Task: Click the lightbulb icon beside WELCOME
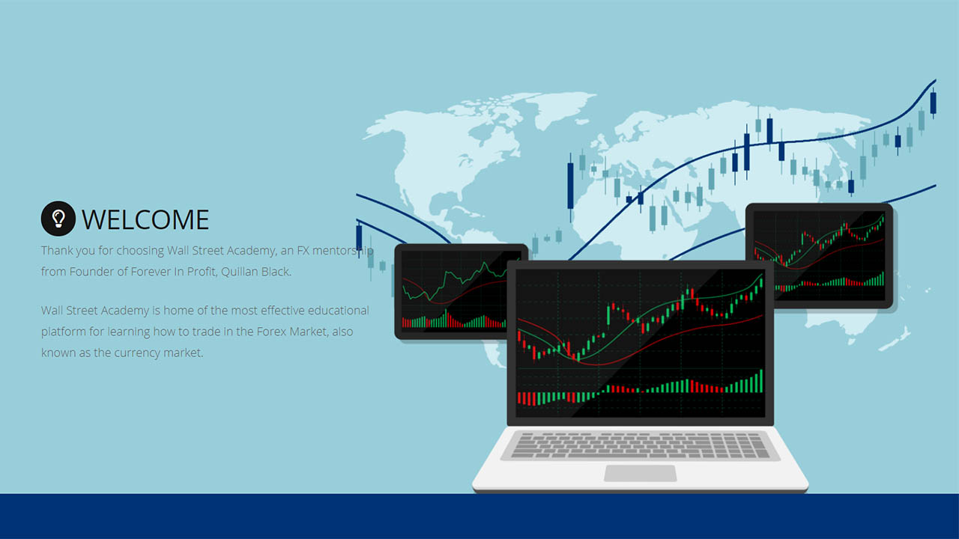pos(58,219)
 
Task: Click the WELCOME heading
pos(145,219)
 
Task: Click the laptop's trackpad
pos(640,473)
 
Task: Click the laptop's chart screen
pos(640,342)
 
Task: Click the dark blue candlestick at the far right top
pos(933,103)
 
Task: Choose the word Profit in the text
pos(202,272)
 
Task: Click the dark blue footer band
pos(479,517)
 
